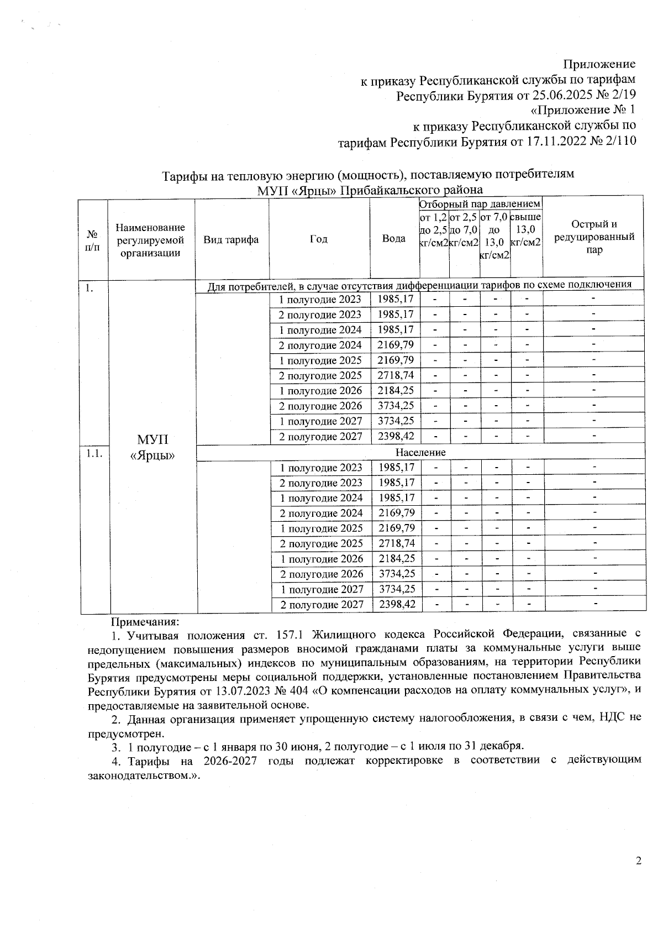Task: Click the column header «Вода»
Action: point(394,239)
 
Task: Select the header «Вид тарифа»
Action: point(231,239)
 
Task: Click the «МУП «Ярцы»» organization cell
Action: point(152,447)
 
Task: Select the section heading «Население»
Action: point(420,452)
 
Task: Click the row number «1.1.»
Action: point(94,453)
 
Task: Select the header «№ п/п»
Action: point(92,239)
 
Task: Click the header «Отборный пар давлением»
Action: point(480,204)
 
